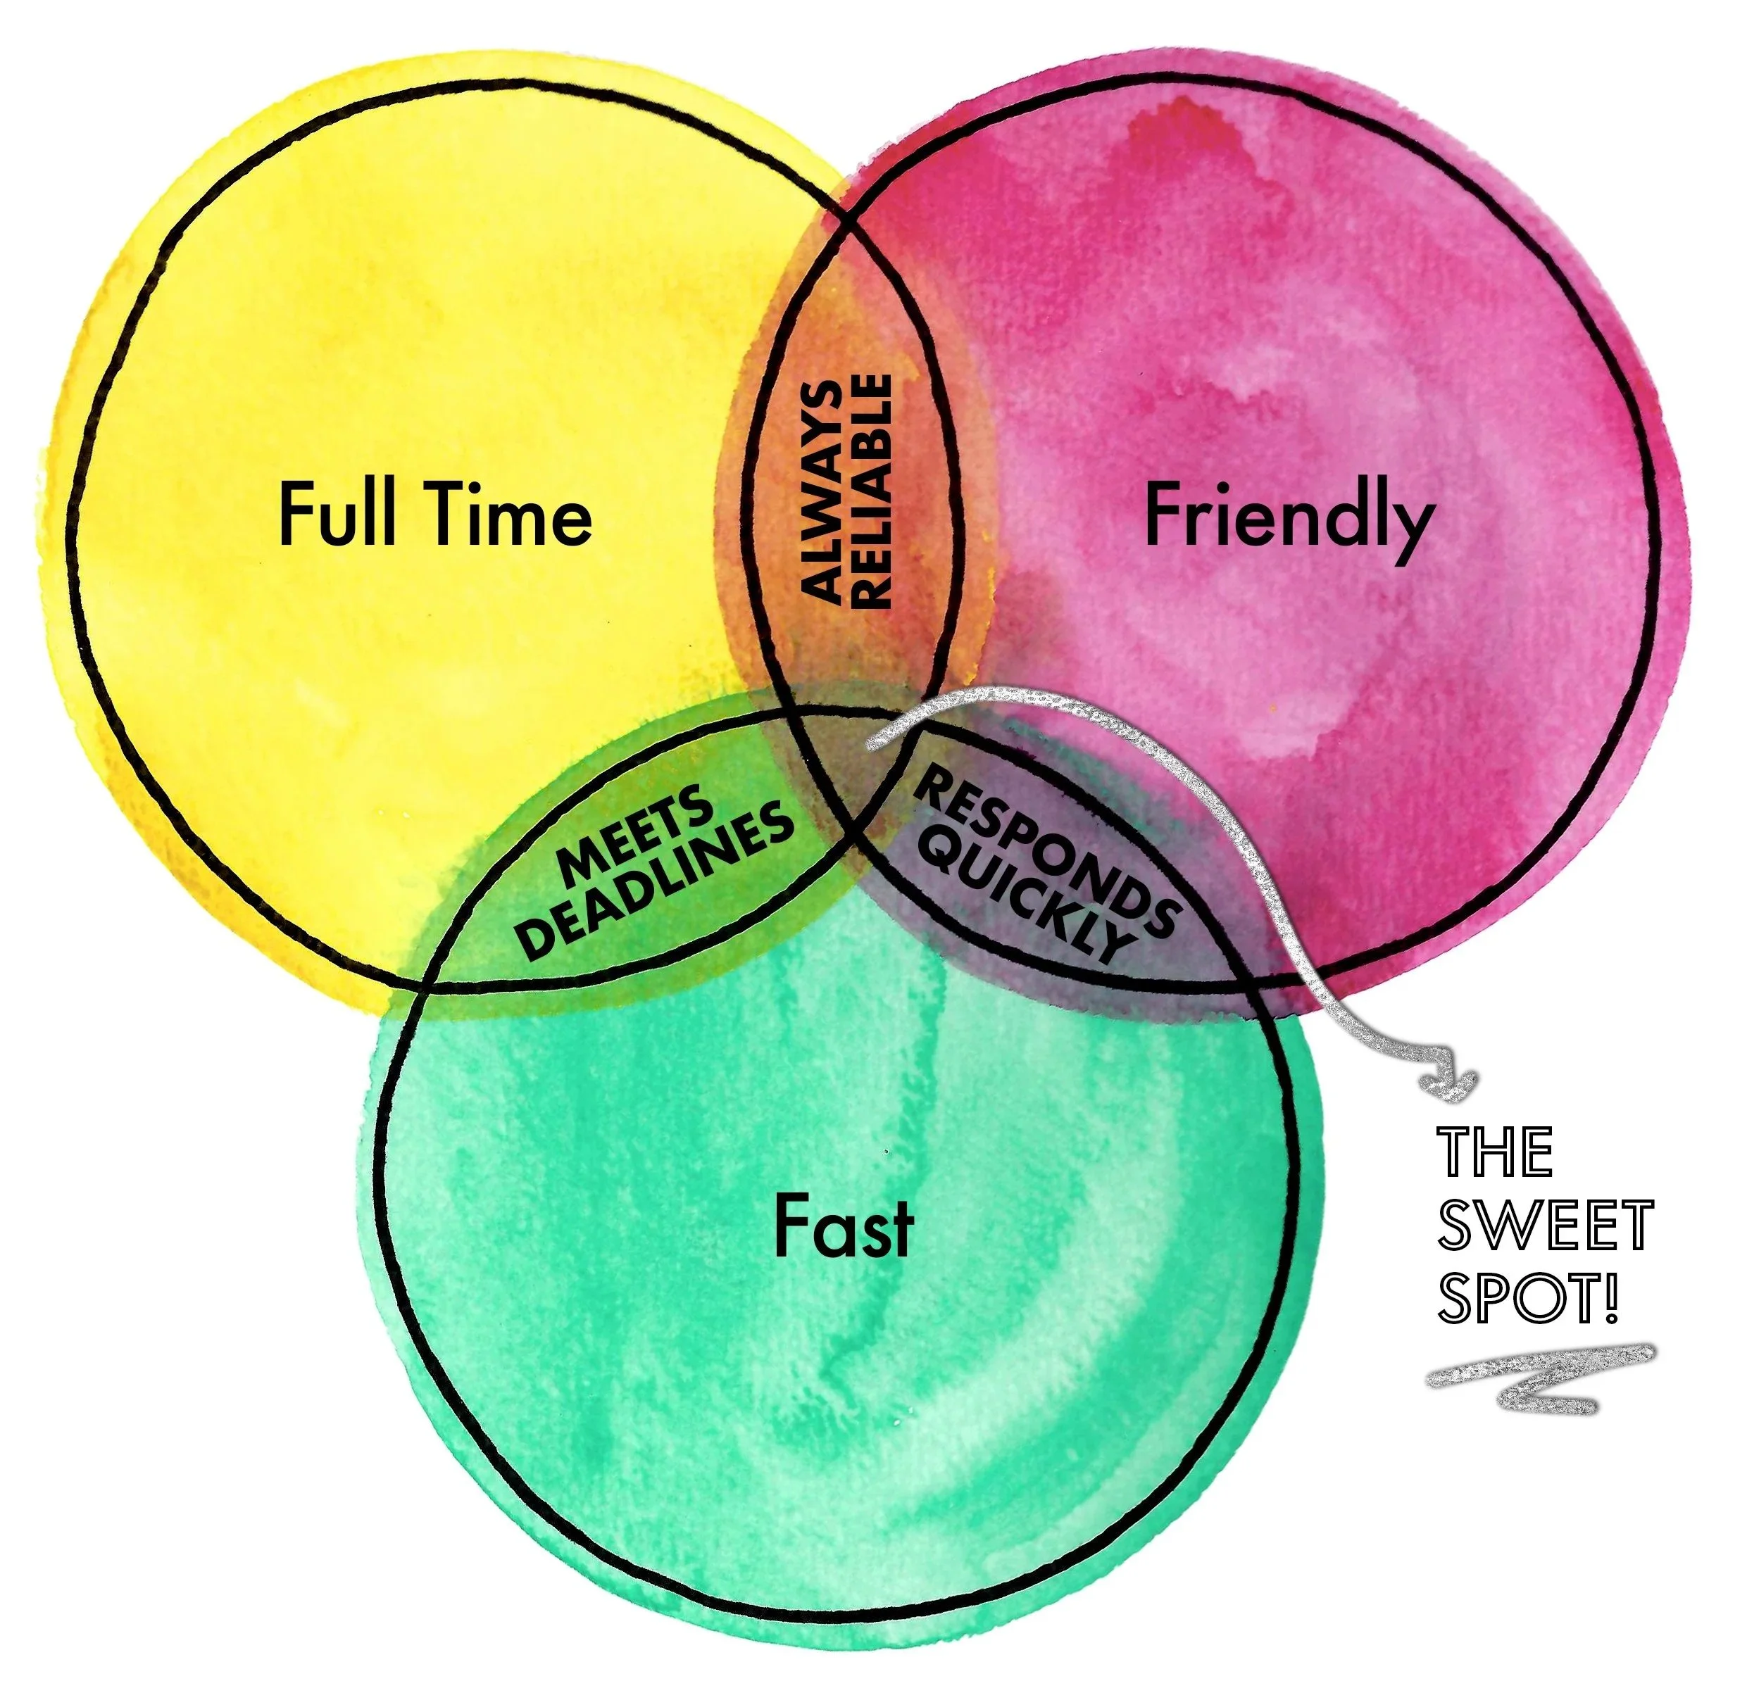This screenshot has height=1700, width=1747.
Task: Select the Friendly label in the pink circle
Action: tap(1289, 518)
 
